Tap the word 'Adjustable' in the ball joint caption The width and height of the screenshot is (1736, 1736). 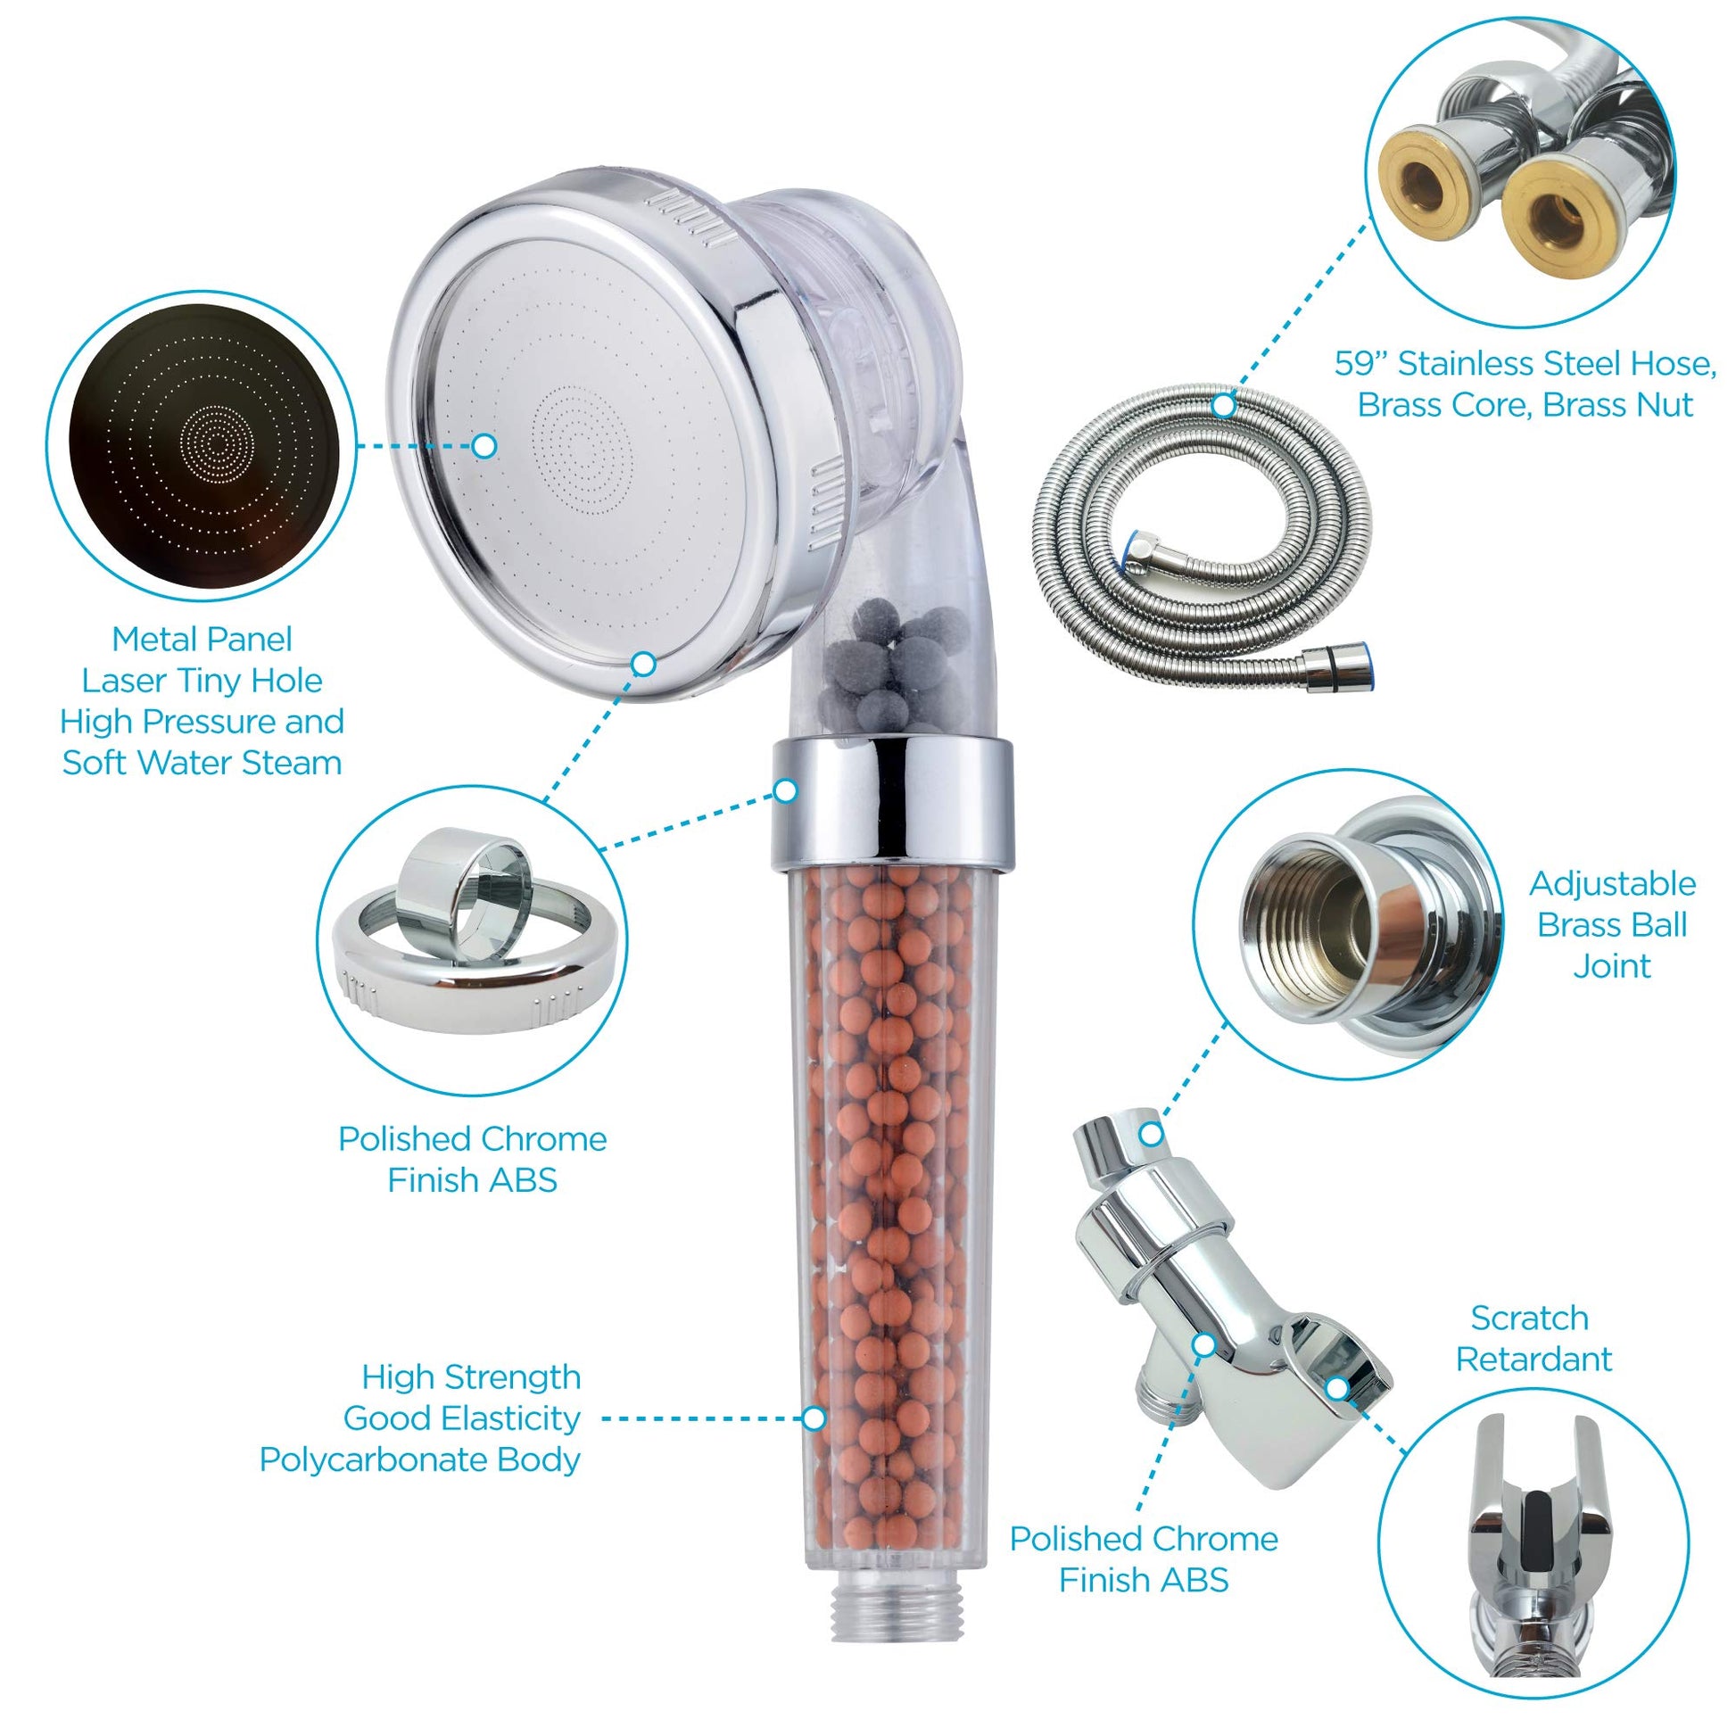pos(1613,883)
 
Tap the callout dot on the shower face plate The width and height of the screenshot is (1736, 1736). pos(484,445)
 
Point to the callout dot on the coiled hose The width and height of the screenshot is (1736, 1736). pos(1223,406)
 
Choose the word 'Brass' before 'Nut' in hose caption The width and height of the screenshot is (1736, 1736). pos(1588,404)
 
